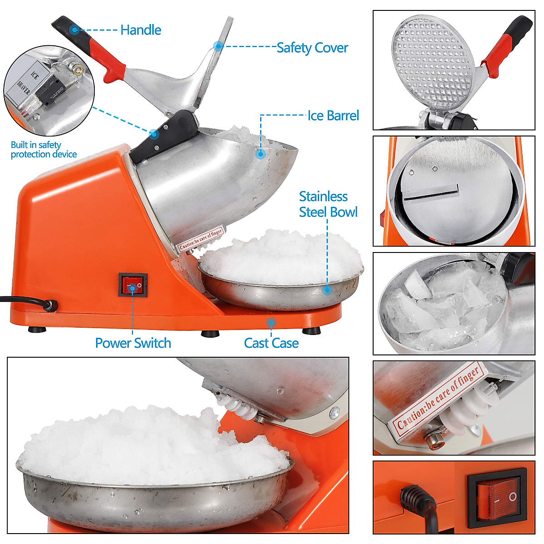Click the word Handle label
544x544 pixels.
pyautogui.click(x=141, y=30)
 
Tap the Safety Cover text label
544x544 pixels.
pyautogui.click(x=312, y=48)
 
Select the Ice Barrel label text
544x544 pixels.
pyautogui.click(x=333, y=116)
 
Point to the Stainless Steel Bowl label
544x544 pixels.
pyautogui.click(x=328, y=204)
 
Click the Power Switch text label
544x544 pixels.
pyautogui.click(x=133, y=343)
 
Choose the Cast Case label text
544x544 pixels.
pyautogui.click(x=271, y=343)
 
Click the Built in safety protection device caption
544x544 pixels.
pyautogui.click(x=44, y=150)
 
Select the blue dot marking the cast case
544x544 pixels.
pyautogui.click(x=271, y=323)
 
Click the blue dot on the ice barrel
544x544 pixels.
pyautogui.click(x=260, y=154)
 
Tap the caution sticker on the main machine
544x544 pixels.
pyautogui.click(x=200, y=238)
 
